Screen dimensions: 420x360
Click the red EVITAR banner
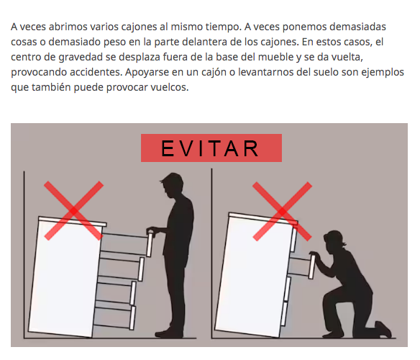[211, 148]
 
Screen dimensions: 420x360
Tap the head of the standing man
[173, 186]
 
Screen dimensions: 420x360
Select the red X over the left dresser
[73, 210]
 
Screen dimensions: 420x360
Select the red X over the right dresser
[283, 212]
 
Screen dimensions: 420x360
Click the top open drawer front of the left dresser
[150, 245]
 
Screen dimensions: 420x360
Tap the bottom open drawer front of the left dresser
[132, 318]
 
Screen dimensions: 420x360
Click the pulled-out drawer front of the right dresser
[312, 267]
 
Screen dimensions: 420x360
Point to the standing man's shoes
[169, 333]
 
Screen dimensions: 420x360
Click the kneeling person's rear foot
[383, 329]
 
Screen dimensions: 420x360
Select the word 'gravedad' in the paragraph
[81, 57]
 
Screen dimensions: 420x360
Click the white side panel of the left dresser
[64, 278]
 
